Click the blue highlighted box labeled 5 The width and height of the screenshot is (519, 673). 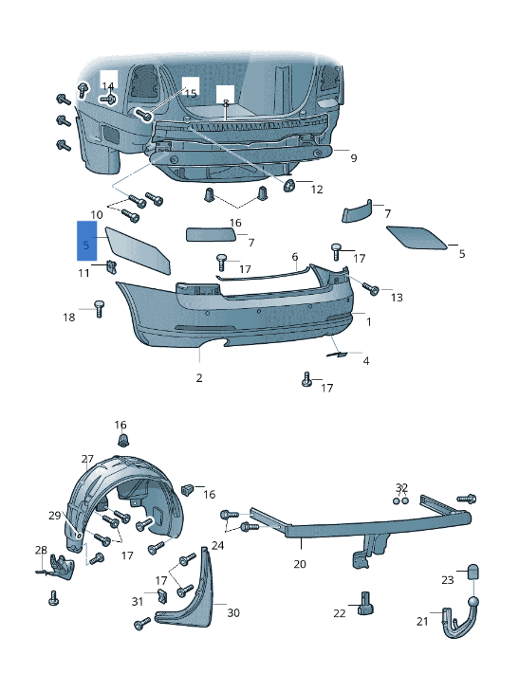pyautogui.click(x=86, y=240)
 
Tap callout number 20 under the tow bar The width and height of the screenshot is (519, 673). pyautogui.click(x=300, y=564)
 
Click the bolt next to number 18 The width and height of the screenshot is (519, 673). pyautogui.click(x=98, y=307)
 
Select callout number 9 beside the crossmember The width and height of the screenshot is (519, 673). pyautogui.click(x=353, y=158)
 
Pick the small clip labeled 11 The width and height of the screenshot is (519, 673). pyautogui.click(x=110, y=264)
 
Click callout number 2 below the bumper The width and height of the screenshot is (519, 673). pyautogui.click(x=199, y=378)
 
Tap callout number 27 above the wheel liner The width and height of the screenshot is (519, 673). pyautogui.click(x=87, y=458)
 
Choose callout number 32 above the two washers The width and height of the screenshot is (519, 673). pyautogui.click(x=401, y=487)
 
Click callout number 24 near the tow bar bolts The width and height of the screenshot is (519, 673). pyautogui.click(x=217, y=545)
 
